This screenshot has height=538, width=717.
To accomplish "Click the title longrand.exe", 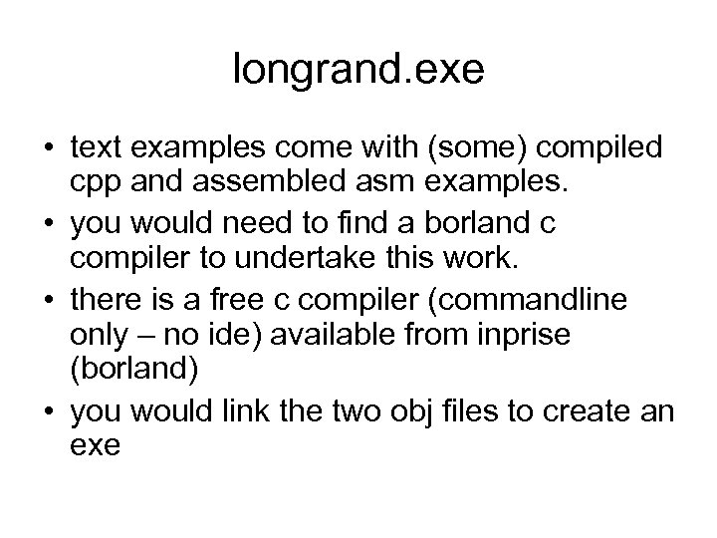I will pyautogui.click(x=358, y=69).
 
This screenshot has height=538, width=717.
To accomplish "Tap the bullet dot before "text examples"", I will pyautogui.click(x=46, y=148).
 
